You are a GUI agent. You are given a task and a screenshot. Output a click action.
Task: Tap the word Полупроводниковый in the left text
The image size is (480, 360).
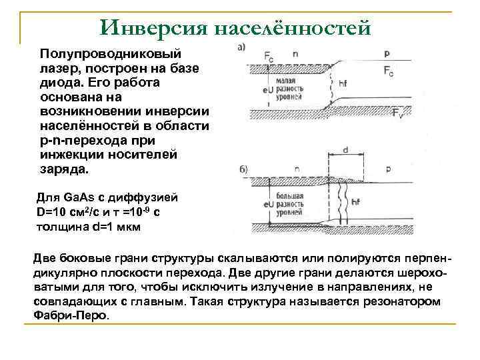113,53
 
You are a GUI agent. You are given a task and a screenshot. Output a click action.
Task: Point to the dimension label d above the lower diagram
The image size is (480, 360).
345,150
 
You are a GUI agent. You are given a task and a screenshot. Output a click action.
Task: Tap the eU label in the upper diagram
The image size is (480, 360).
268,89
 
